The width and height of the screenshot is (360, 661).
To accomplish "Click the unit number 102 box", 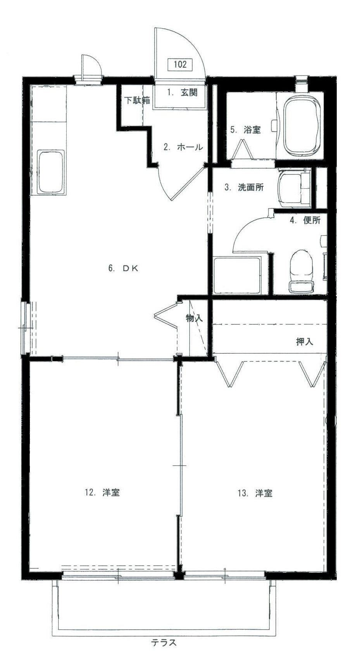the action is [x=180, y=64].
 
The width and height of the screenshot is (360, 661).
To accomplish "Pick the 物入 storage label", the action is [x=194, y=318].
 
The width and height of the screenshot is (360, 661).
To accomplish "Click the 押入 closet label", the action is [x=305, y=342].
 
